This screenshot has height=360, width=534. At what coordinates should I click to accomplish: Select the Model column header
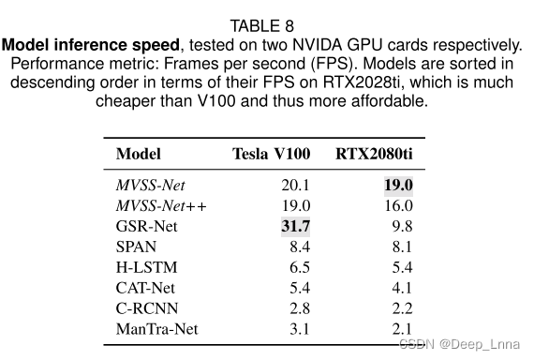coord(138,154)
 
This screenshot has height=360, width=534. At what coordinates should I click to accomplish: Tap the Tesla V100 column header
coord(272,154)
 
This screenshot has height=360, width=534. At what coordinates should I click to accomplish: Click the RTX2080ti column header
coord(374,154)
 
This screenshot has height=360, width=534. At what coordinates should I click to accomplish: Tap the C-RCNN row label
coord(145,308)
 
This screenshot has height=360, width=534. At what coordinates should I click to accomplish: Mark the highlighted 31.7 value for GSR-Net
coord(296,226)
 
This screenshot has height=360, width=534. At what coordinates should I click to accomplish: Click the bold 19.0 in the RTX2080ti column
coord(398,185)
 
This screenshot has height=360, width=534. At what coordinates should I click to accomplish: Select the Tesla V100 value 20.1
coord(296,185)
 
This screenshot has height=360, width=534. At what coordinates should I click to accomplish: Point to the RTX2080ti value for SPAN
coord(402,247)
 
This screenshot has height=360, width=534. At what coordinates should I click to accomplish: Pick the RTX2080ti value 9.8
coord(402,226)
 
